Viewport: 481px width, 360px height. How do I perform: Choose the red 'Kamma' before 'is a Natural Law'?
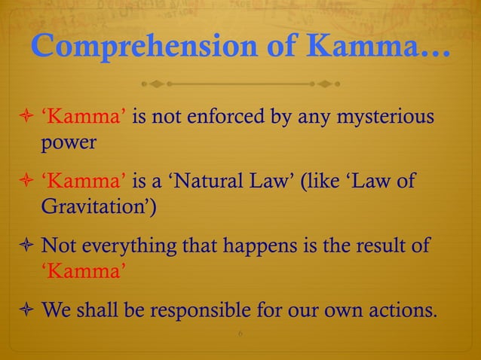[x=84, y=182]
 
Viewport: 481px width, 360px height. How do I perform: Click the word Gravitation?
[x=100, y=207]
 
